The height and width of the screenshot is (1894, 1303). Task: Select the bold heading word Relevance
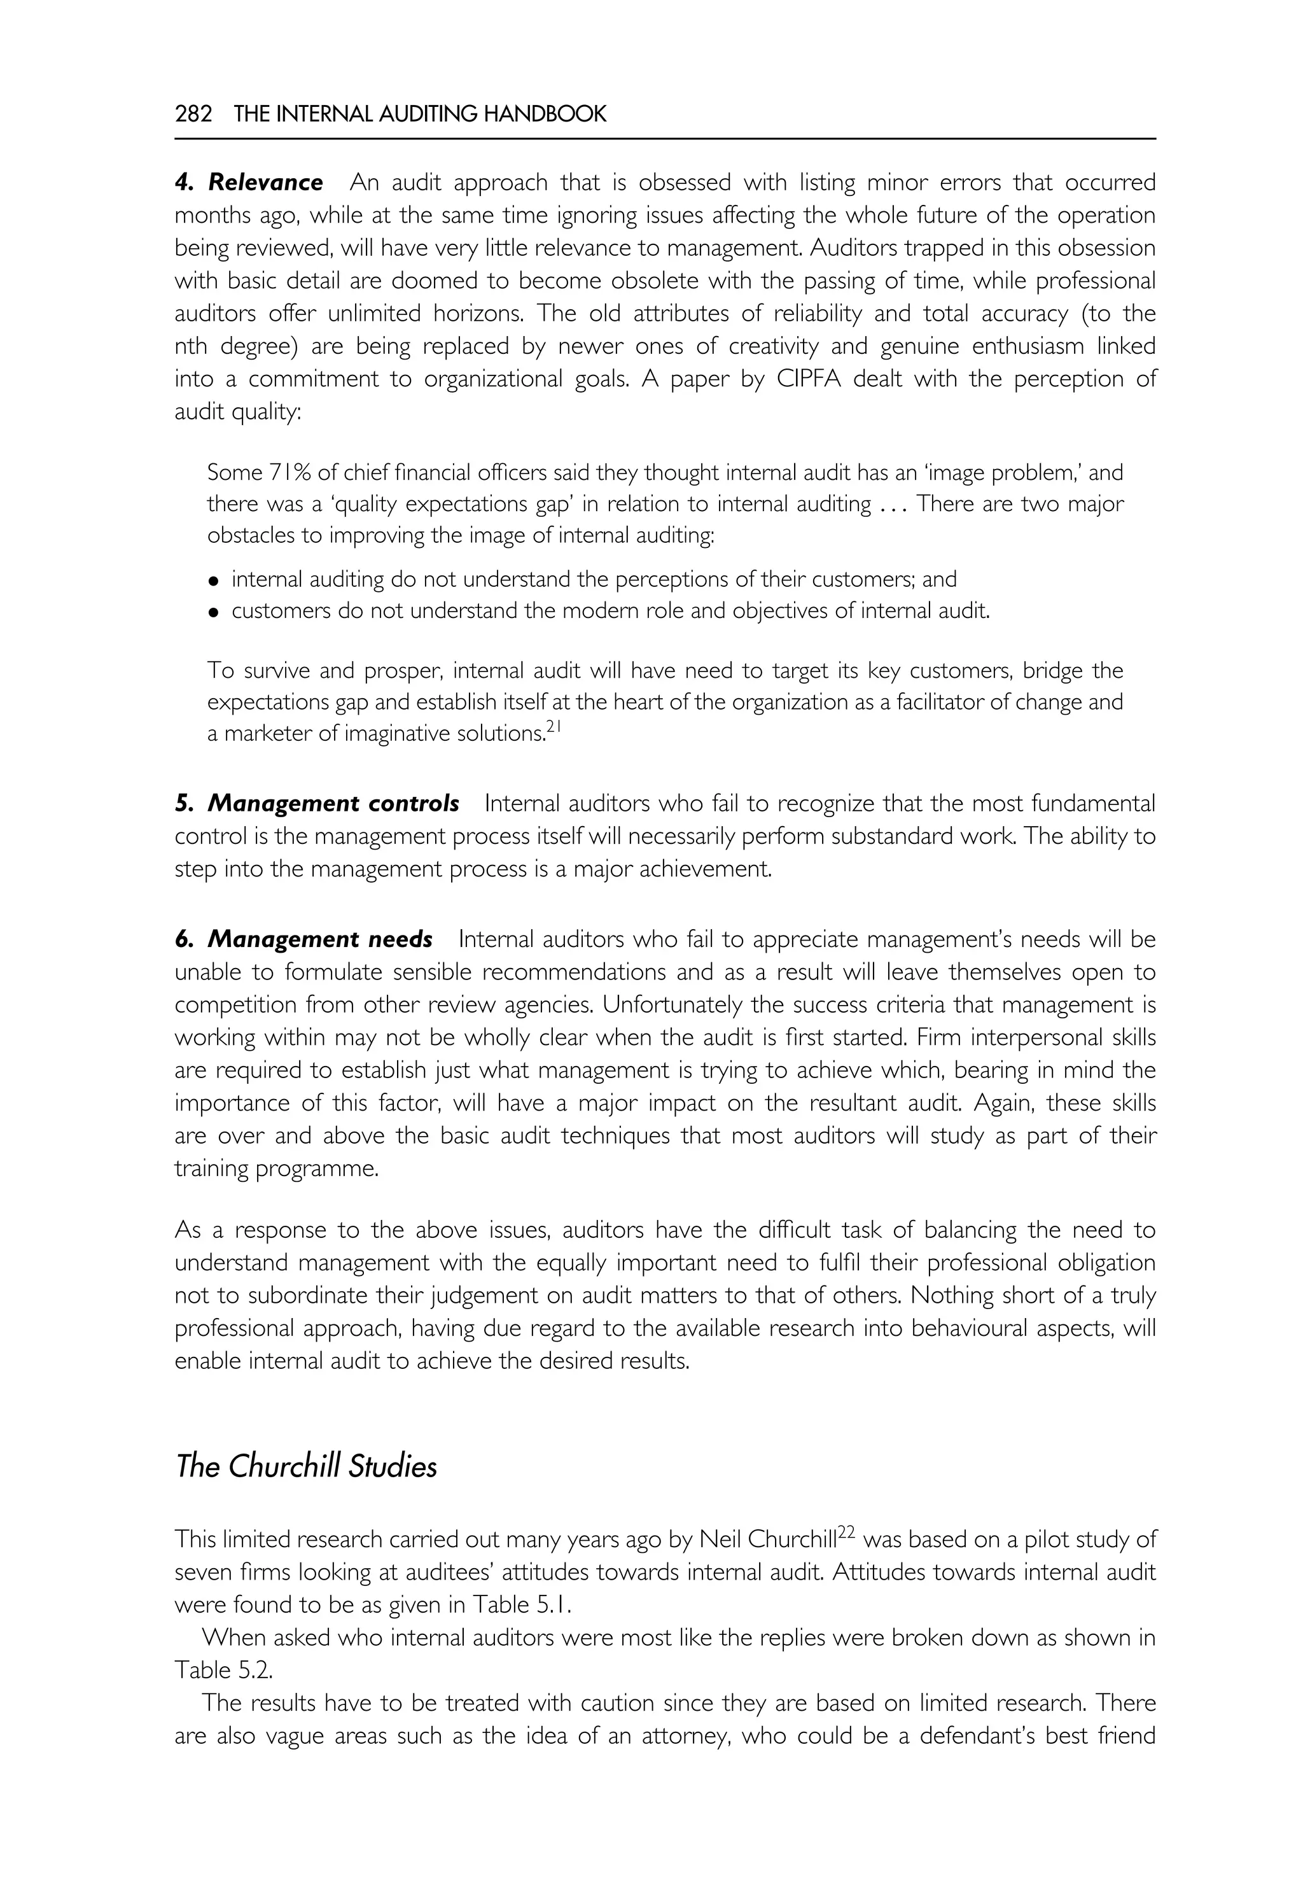(x=265, y=182)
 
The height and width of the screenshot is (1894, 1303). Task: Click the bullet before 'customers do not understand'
(x=214, y=612)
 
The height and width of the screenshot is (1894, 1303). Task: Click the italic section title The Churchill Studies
(x=306, y=1467)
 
